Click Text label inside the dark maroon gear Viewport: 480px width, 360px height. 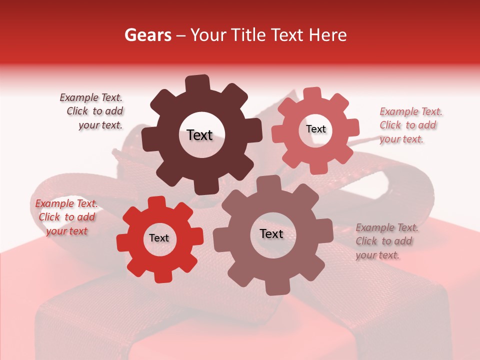[199, 135]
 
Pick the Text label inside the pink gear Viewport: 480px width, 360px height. [315, 129]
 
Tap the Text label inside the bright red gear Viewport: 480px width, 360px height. [159, 238]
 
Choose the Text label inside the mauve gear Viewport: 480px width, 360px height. [271, 234]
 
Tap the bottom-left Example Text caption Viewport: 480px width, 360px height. [66, 217]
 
